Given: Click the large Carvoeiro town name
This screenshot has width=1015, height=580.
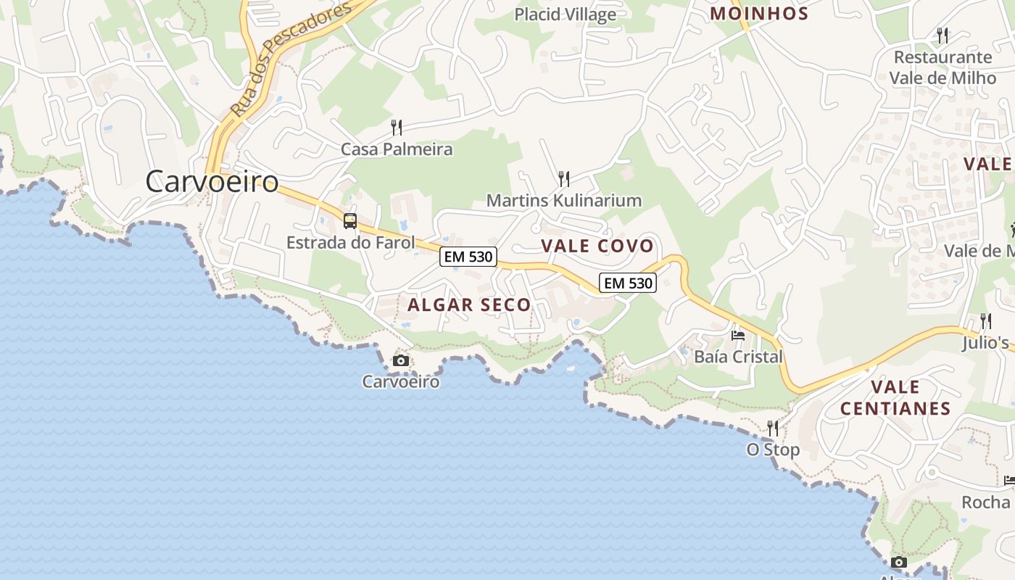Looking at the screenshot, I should pos(212,181).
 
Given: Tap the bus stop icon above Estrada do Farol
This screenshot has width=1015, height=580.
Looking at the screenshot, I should pos(350,221).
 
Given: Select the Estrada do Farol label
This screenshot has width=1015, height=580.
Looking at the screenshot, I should pos(351,242).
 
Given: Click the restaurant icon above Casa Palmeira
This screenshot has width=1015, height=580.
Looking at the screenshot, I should pos(397,128).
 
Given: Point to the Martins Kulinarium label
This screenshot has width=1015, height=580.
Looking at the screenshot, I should pos(564,200).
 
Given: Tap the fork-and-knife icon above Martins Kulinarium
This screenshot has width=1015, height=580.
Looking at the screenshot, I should pos(564,178).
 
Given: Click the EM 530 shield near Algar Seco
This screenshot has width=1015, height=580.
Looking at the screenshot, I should pos(468,256).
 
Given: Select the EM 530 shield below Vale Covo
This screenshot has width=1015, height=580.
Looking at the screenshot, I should pos(628,283).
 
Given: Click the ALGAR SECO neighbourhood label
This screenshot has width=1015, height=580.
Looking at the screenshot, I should pos(469,304).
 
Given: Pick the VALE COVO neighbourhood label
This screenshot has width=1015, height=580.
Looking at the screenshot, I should pos(597,246).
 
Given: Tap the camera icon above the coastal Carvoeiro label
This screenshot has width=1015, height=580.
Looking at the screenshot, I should pos(400,360).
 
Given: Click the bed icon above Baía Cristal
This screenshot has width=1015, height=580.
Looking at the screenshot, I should pos(738,335).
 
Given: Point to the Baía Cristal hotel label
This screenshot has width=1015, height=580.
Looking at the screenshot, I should pos(738,357).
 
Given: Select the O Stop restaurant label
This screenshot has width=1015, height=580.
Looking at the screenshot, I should pos(773,449).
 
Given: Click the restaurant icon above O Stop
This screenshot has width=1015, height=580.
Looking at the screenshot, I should pos(773,428).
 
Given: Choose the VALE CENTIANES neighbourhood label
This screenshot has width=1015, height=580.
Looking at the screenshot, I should pos(895,397).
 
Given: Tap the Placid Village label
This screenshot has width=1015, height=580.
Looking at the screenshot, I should pos(565,14).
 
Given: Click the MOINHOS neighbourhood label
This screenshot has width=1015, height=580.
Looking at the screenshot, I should pos(759,13).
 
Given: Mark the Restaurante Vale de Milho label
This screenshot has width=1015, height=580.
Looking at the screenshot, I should pos(942,67).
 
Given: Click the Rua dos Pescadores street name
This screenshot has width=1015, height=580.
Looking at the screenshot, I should pos(291,58).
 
